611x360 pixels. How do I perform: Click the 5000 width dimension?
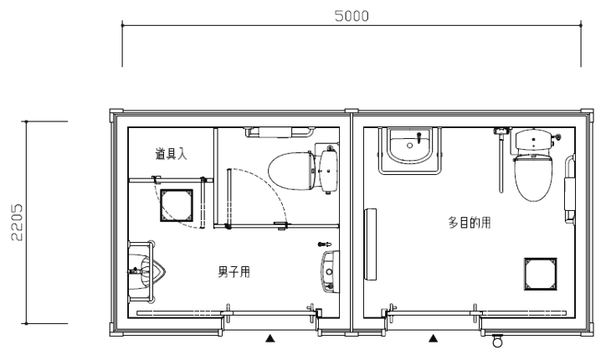(352, 16)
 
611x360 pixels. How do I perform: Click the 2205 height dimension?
(17, 223)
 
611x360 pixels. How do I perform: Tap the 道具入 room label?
(171, 153)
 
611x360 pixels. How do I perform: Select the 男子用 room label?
(234, 271)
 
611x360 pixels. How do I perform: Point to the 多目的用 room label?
(470, 223)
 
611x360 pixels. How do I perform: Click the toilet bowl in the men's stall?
(291, 172)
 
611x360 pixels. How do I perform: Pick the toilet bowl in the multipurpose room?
(533, 178)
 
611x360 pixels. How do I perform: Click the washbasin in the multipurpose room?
(409, 147)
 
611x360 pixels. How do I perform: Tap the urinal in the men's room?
(147, 271)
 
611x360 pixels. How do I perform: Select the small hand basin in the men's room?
(330, 272)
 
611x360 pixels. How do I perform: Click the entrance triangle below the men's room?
(270, 338)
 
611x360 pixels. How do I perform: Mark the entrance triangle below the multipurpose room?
(433, 338)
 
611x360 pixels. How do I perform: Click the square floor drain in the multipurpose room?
(540, 274)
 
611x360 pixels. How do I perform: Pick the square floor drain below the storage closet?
(177, 205)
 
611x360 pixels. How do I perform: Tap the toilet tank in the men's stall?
(328, 171)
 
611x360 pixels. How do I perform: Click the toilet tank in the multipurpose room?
(533, 140)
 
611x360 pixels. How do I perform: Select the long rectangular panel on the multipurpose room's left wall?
(370, 244)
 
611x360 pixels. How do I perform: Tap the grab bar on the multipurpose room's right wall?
(570, 189)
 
